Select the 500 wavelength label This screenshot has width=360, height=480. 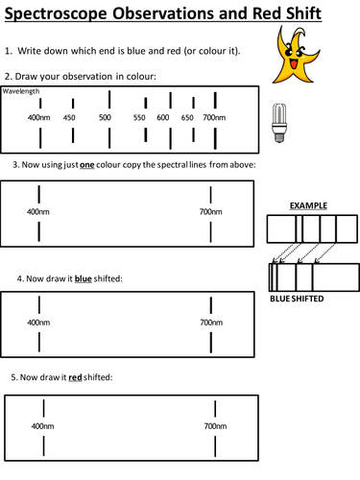(x=106, y=117)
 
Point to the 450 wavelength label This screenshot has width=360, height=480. (x=69, y=117)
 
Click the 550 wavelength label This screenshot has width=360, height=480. (x=140, y=117)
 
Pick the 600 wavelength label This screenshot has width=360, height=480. (x=163, y=117)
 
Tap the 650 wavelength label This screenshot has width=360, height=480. (x=187, y=117)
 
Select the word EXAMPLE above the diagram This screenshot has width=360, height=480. (x=309, y=205)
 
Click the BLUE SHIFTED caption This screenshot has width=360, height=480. (x=298, y=299)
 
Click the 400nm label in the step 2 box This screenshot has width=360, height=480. (x=38, y=117)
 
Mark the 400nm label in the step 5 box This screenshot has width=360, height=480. (x=42, y=424)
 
